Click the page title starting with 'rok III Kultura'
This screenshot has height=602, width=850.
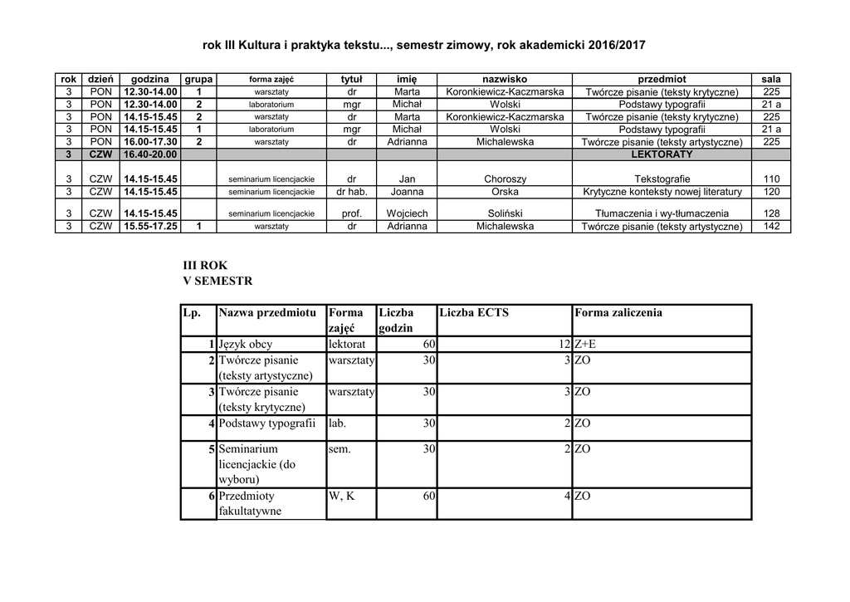pos(424,43)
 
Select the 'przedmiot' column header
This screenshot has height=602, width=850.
pos(662,79)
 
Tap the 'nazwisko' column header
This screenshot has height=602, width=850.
pos(505,79)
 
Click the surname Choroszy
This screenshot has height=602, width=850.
pos(505,179)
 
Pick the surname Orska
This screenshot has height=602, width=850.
pos(505,192)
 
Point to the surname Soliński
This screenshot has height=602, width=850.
pos(505,213)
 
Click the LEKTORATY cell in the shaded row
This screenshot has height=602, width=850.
pos(662,154)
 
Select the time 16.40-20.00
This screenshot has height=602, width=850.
pos(150,154)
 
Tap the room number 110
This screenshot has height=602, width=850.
pos(771,179)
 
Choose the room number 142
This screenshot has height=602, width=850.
pos(771,226)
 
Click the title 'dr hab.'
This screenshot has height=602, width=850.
pos(352,192)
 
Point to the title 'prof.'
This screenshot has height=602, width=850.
pos(352,213)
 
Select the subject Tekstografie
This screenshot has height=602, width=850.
pos(662,179)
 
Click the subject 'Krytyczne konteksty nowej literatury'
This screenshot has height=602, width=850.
pos(662,192)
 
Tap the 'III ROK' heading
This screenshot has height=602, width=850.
pos(204,265)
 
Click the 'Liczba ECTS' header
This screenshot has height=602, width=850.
pos(473,312)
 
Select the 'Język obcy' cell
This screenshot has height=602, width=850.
pos(246,344)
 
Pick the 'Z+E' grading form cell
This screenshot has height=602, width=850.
pos(590,344)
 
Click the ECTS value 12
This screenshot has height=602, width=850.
pos(564,344)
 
